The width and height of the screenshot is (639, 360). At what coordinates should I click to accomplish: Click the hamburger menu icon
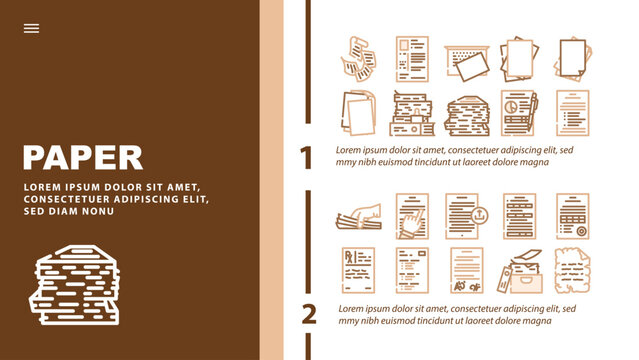coord(31,29)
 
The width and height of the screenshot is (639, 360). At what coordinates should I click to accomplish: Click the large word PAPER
coord(82,157)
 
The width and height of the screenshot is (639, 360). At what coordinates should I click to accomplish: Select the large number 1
coord(308,157)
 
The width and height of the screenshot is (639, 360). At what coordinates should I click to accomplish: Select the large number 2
coord(309,314)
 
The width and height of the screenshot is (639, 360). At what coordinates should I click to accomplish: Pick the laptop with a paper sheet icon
coord(465,59)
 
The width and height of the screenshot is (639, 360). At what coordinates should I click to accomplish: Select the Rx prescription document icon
coord(358,271)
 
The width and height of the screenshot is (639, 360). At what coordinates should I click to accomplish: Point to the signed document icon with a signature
coord(466,271)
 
